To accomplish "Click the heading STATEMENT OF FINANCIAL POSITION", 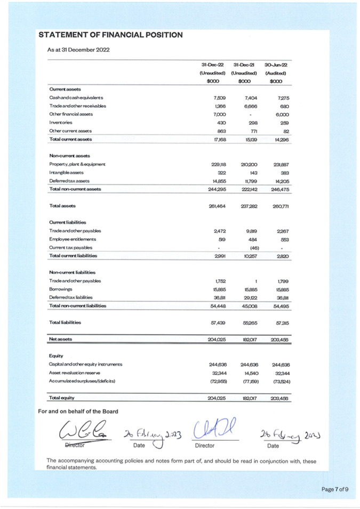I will tap(110, 35).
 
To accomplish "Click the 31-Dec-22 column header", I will tap(213, 64).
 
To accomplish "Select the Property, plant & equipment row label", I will tap(77, 164).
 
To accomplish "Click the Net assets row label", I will tap(60, 338).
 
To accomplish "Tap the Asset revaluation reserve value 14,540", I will tap(249, 372).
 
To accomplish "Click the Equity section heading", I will tap(56, 356).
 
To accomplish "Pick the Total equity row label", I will tap(61, 398).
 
